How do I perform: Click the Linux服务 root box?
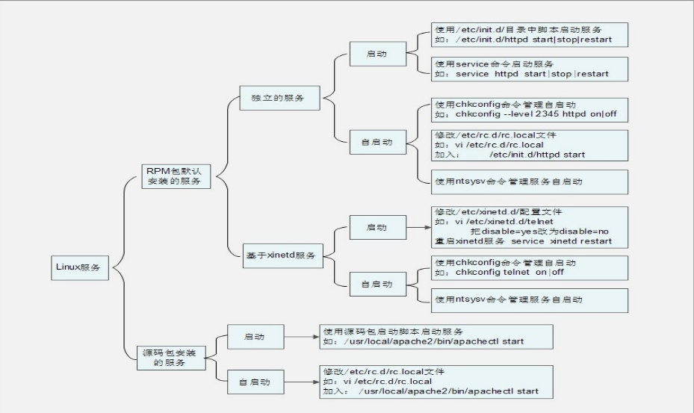[x=80, y=267]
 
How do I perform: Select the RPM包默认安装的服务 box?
[x=176, y=176]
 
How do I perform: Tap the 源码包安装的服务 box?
[x=171, y=358]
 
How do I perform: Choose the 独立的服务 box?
[x=279, y=98]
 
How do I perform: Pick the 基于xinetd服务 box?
[x=282, y=255]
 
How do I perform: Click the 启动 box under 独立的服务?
[x=377, y=54]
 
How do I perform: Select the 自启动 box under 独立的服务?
[x=377, y=142]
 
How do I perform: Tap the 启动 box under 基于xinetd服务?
[x=377, y=228]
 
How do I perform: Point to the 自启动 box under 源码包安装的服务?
[x=255, y=382]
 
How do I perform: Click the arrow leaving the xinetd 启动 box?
[x=418, y=228]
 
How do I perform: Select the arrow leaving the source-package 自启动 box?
[x=301, y=382]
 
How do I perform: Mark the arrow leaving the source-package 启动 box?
[x=301, y=337]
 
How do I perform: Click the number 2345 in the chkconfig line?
[x=547, y=114]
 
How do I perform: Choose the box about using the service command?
[x=530, y=69]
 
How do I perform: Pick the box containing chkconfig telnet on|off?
[x=530, y=268]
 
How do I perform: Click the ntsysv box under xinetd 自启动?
[x=530, y=300]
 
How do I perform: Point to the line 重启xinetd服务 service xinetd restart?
[x=523, y=241]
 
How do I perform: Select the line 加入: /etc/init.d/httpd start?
[x=510, y=155]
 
